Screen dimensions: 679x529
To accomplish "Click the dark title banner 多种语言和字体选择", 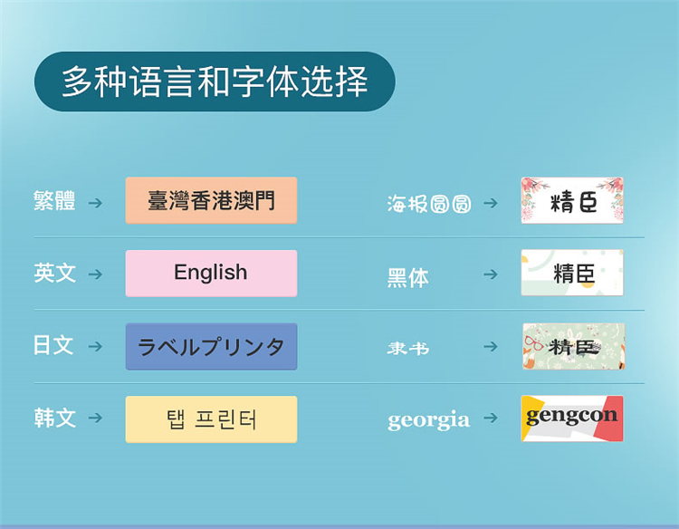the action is tap(215, 82).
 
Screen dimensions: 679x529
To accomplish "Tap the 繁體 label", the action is tap(54, 200).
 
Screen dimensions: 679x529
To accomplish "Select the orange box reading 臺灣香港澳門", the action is tap(211, 200).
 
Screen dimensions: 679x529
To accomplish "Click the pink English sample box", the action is tap(211, 273).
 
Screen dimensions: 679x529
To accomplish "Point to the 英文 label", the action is tap(54, 273).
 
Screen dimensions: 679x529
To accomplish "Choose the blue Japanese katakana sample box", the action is tap(211, 346).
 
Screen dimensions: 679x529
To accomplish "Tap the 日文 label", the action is tap(53, 345).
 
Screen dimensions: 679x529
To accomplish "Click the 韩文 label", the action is tap(54, 418).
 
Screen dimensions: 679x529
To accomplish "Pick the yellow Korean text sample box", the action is tap(211, 419).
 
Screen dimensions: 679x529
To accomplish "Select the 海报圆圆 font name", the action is tap(429, 204).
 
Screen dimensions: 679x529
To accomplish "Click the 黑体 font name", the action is tap(408, 277).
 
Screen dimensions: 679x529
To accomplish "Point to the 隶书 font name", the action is tap(408, 348).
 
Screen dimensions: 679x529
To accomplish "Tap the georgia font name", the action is tap(429, 420).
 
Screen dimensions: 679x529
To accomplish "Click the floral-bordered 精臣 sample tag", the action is tap(572, 200).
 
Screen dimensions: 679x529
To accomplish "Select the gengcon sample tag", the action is tap(572, 418).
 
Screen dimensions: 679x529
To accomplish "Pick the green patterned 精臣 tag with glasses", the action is tap(573, 346).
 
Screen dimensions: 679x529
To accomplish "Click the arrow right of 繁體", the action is tap(95, 203).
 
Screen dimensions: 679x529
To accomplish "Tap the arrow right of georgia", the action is tap(491, 418).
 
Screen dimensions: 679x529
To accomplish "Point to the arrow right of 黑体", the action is tap(491, 274).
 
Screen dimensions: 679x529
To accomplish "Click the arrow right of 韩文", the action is tap(95, 418).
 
